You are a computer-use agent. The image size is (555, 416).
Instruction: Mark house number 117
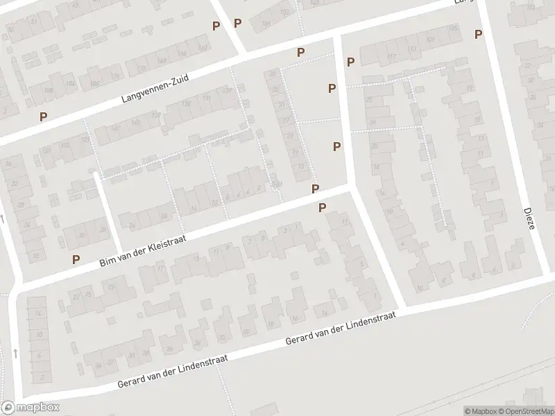[392, 56]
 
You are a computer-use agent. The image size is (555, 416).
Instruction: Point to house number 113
[412, 50]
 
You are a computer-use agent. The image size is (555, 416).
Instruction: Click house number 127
[225, 92]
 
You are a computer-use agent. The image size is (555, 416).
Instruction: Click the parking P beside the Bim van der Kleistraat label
[76, 259]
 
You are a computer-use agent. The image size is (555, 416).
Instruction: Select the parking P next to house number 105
[478, 34]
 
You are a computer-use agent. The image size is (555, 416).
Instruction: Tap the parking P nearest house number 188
[44, 117]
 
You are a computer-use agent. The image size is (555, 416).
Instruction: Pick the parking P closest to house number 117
[351, 62]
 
